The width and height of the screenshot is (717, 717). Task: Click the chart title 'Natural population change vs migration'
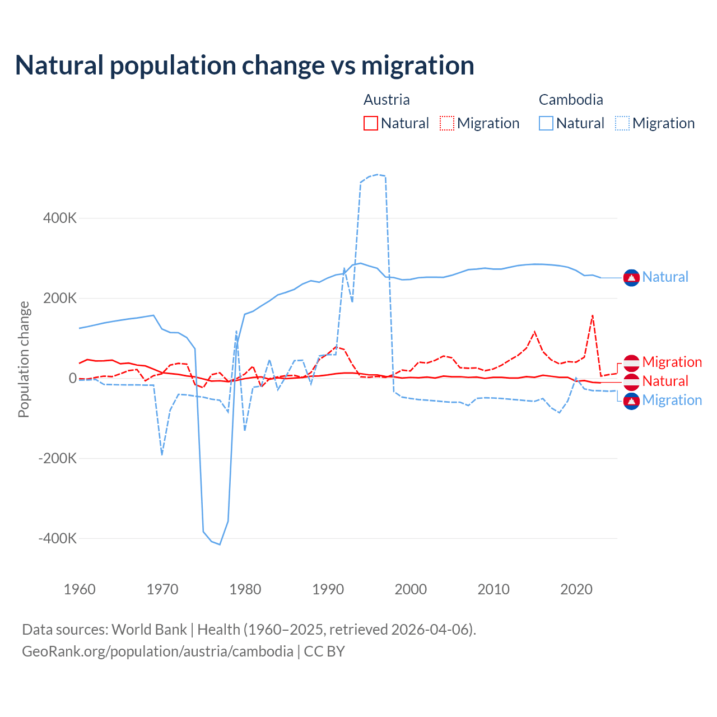coord(245,66)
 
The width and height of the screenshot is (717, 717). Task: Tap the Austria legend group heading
coord(387,100)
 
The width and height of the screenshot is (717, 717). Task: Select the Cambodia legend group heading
coord(571,100)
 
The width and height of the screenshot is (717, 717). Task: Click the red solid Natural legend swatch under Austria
coord(371,123)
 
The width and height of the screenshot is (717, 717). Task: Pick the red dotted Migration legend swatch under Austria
coord(447,123)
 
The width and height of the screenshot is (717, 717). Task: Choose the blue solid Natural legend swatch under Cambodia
coord(546,123)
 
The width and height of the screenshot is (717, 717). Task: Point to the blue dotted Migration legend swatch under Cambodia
coord(622,123)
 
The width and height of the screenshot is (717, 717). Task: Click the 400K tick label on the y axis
coord(60,218)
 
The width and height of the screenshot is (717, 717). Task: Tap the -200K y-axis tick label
coord(58,458)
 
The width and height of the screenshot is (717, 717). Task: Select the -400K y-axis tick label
coord(58,538)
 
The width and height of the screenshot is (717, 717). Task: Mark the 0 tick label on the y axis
coord(73,378)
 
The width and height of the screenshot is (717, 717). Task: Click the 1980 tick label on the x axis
coord(245,589)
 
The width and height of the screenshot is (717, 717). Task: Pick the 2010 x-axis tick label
coord(493,589)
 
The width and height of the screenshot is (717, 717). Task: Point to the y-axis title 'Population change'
coord(24,360)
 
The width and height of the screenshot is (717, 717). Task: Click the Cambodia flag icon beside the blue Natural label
coord(631,277)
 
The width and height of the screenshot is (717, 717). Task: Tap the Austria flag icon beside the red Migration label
coord(631,362)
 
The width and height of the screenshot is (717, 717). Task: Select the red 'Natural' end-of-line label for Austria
coord(665,381)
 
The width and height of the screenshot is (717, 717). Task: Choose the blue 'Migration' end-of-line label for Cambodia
coord(672,401)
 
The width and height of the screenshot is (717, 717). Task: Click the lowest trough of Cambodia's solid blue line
coord(220,544)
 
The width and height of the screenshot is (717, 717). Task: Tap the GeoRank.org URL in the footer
coord(157,651)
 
